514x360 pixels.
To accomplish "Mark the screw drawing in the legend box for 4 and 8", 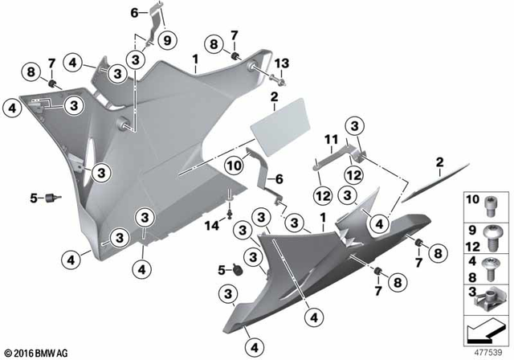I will tap(492, 268).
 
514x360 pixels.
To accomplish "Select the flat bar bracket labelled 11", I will tap(332, 163).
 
